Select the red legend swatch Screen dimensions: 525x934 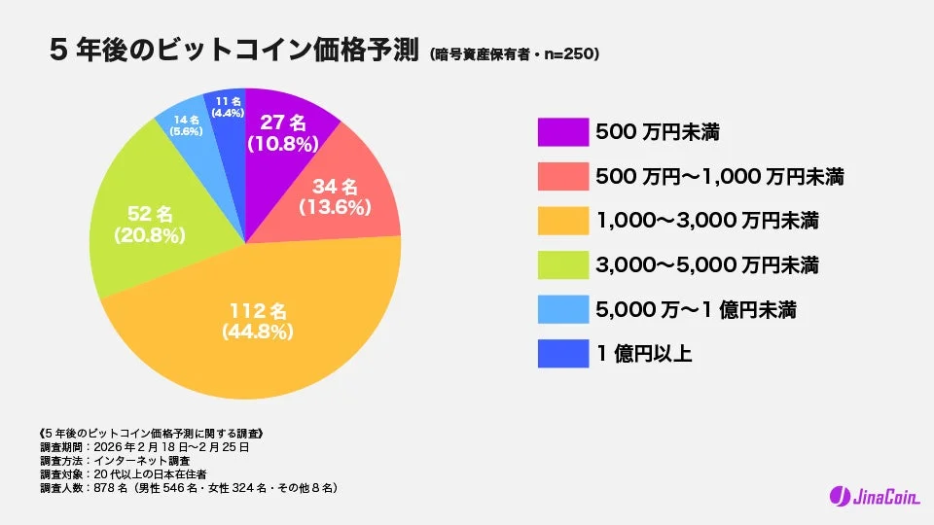pos(562,176)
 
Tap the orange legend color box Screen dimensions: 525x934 pos(562,221)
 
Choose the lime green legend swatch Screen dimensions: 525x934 pos(562,264)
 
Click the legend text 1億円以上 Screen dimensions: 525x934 pos(643,354)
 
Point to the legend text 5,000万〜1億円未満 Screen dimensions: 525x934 pos(696,310)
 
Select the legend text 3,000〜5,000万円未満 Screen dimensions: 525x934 pos(706,265)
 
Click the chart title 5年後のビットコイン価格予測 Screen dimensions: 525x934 pos(233,52)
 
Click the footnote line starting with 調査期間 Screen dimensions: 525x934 pos(145,447)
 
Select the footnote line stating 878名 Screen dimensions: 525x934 pos(189,487)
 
